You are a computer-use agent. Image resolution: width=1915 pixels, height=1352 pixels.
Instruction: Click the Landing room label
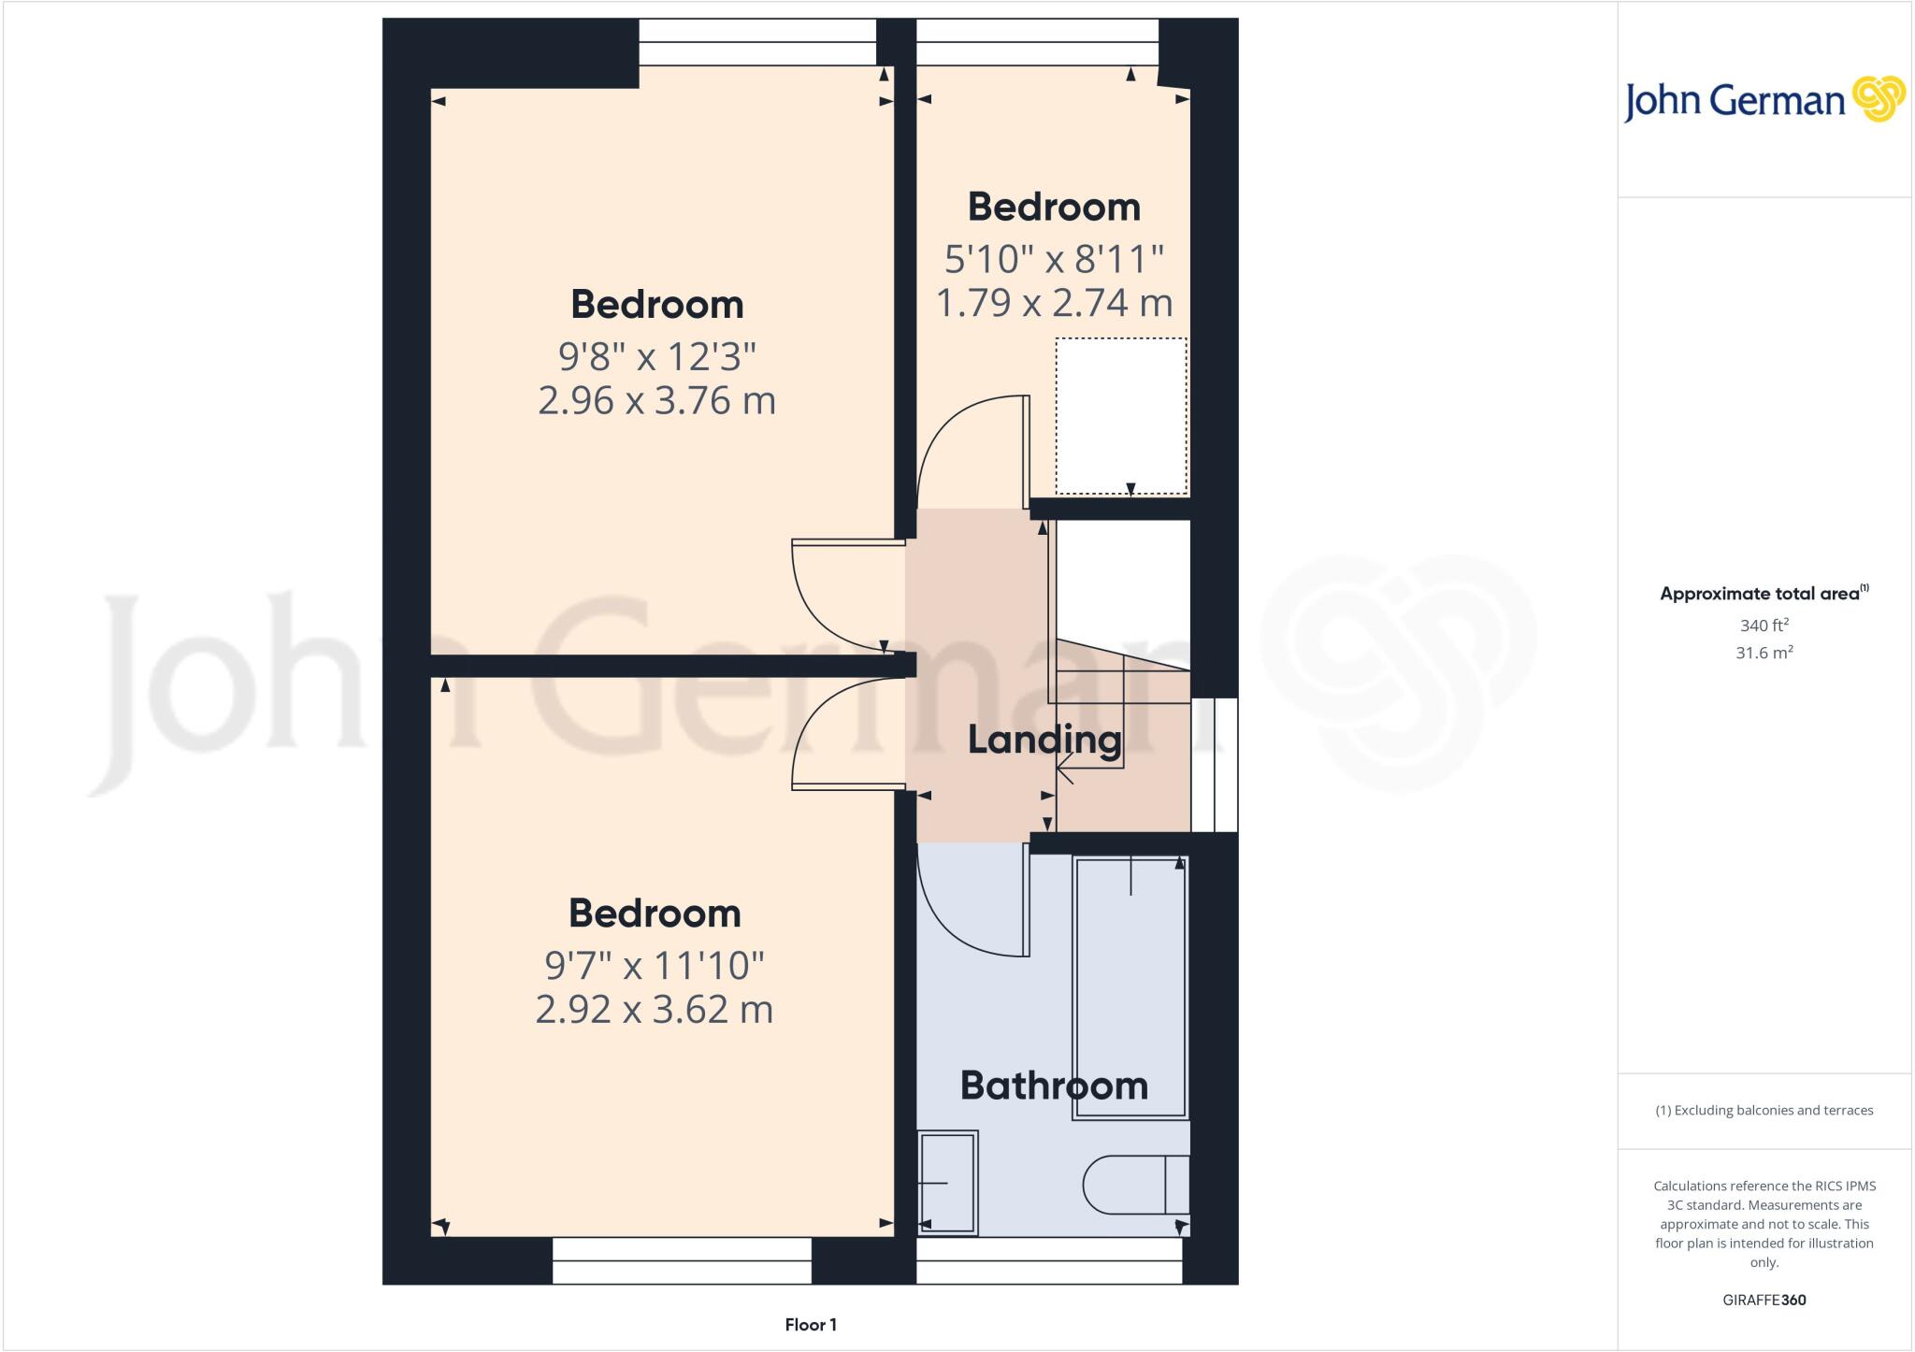coord(1044,740)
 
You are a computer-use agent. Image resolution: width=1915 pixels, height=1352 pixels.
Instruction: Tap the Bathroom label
coord(1054,1086)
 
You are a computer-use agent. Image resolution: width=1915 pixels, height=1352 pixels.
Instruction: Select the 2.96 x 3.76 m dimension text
coord(656,400)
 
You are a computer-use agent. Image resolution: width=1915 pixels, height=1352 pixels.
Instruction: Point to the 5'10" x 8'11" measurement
coord(1054,259)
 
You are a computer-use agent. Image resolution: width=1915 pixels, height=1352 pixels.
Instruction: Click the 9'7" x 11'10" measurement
coord(655,965)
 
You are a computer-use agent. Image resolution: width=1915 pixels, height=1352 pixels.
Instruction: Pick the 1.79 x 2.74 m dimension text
coord(1054,303)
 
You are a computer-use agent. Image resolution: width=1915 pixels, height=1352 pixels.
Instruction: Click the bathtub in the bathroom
coord(1130,987)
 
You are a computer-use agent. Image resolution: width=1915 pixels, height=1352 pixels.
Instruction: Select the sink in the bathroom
coord(947,1183)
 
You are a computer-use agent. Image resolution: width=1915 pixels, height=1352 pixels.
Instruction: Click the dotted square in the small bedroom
coord(1121,416)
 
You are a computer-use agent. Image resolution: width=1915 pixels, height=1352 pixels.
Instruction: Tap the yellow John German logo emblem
coord(1879,99)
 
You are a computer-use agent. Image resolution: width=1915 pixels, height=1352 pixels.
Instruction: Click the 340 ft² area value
coord(1764,625)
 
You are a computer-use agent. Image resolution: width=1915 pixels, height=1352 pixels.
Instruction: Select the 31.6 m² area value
coord(1764,653)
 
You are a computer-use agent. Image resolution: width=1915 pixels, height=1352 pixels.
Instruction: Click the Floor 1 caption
coord(811,1325)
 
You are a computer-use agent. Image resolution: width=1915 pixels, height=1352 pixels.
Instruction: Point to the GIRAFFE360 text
coord(1764,1300)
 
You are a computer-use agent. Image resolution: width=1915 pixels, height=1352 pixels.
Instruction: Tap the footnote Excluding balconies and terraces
coord(1764,1111)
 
